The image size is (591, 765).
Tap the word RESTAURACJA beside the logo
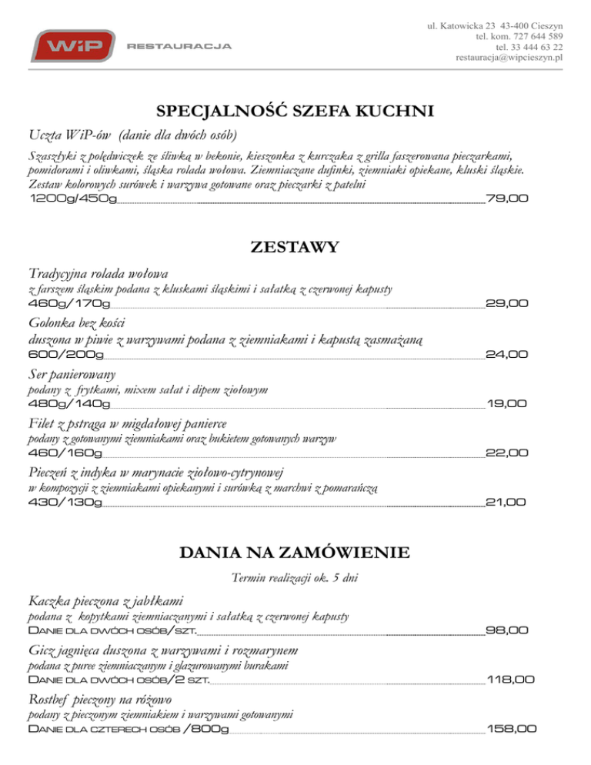(x=179, y=46)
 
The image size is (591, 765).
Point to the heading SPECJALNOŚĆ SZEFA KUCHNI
(x=295, y=112)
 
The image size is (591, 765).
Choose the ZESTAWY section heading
(x=295, y=248)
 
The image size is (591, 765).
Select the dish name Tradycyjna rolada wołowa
(x=98, y=273)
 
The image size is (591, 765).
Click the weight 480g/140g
(x=68, y=403)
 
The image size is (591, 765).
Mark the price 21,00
(x=506, y=503)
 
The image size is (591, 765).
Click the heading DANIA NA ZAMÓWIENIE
(x=295, y=553)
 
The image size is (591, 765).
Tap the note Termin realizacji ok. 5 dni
(x=295, y=578)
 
